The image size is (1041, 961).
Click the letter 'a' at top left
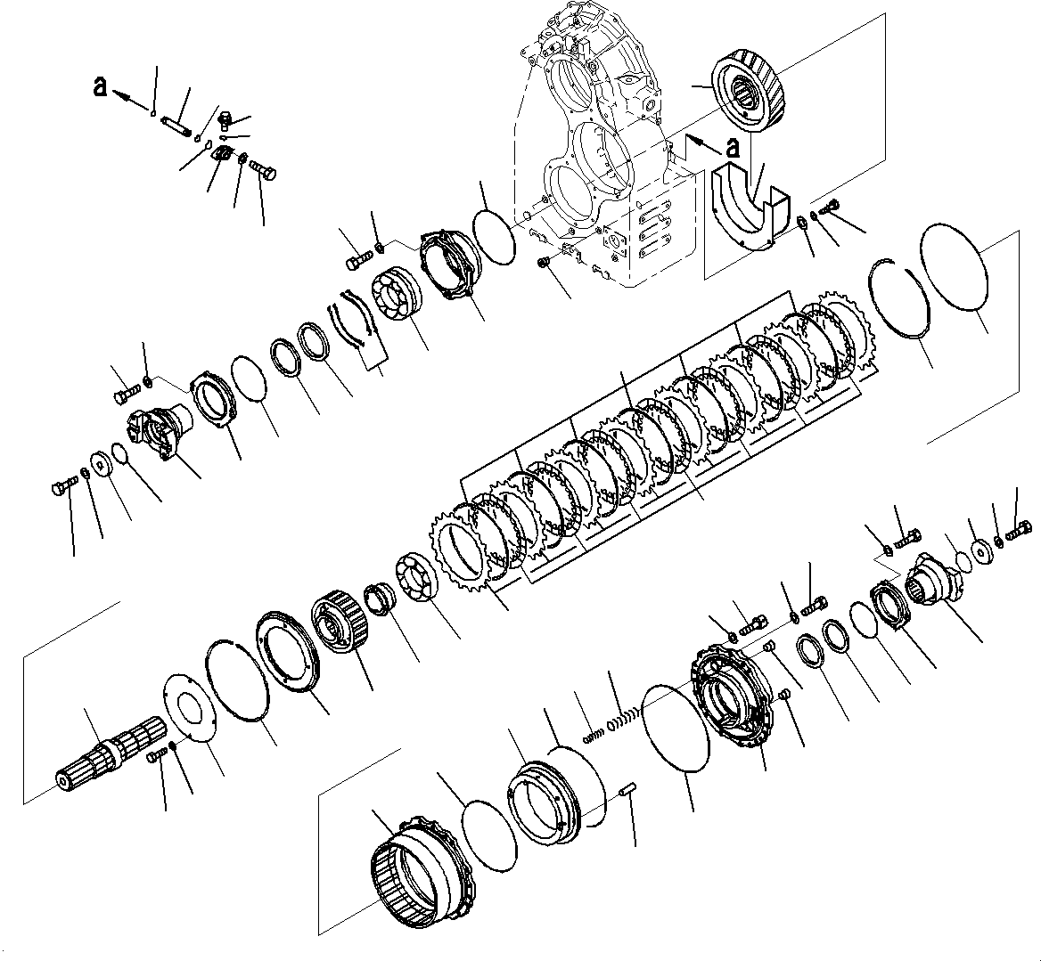point(102,86)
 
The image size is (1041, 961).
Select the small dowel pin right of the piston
point(627,791)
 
